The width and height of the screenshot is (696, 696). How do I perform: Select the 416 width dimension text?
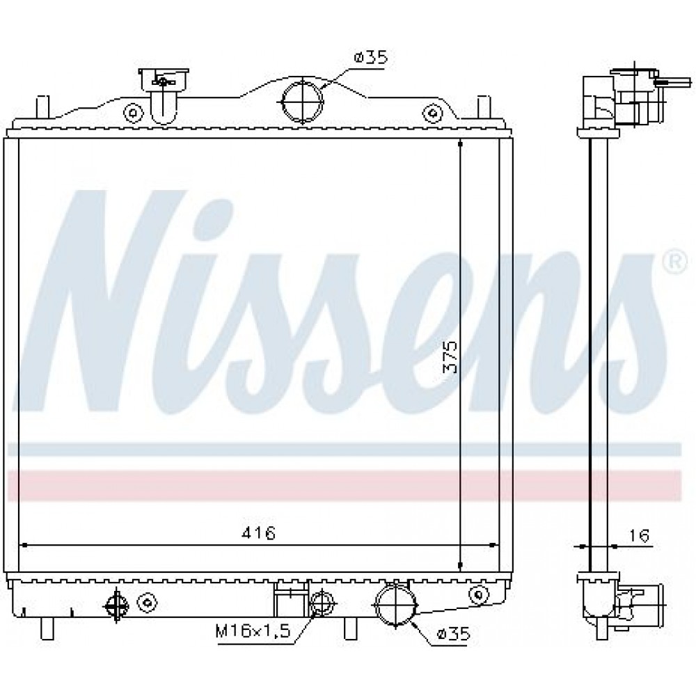258,532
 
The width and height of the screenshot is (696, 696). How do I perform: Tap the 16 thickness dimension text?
639,535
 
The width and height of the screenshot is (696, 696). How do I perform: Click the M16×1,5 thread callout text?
253,631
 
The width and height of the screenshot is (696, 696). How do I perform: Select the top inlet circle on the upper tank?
302,101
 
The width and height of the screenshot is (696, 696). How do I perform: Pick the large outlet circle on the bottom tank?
395,606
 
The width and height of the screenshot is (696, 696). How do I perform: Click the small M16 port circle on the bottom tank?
322,603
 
